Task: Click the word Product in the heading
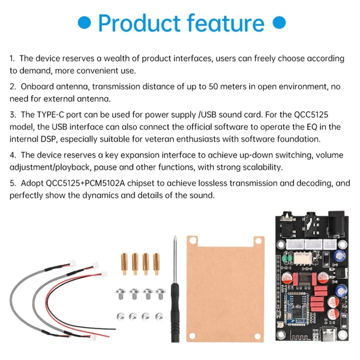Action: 139,23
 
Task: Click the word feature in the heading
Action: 225,23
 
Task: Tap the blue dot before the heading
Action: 84,22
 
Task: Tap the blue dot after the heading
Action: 279,22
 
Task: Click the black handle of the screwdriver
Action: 175,312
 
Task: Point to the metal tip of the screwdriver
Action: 175,237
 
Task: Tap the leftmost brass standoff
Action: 124,264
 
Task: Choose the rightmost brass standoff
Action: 156,264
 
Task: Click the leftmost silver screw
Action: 121,294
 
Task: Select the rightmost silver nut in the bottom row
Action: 159,317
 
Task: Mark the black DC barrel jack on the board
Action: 336,224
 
